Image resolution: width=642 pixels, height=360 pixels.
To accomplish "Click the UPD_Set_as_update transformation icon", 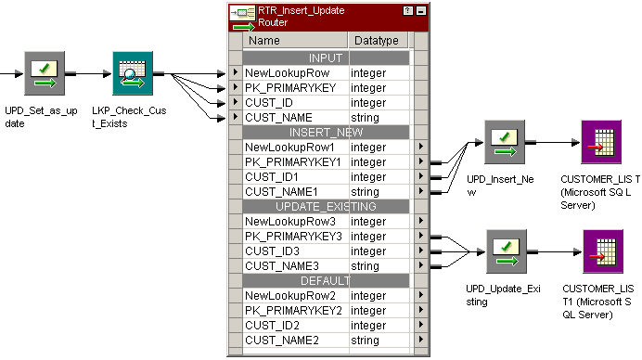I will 45,71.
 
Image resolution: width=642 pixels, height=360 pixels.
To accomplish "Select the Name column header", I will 264,41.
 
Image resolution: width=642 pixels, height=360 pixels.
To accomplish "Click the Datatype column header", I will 376,41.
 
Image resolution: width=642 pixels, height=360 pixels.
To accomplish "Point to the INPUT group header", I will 325,58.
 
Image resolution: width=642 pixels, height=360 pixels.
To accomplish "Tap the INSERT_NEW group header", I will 325,133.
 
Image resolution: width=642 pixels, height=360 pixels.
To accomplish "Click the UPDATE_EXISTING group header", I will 325,206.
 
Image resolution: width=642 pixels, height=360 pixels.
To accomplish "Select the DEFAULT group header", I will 325,280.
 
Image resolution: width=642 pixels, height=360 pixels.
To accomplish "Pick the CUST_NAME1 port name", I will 282,191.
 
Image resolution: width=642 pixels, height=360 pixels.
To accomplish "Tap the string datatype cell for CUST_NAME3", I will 366,265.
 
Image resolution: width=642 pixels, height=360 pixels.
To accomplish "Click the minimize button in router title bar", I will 421,10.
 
